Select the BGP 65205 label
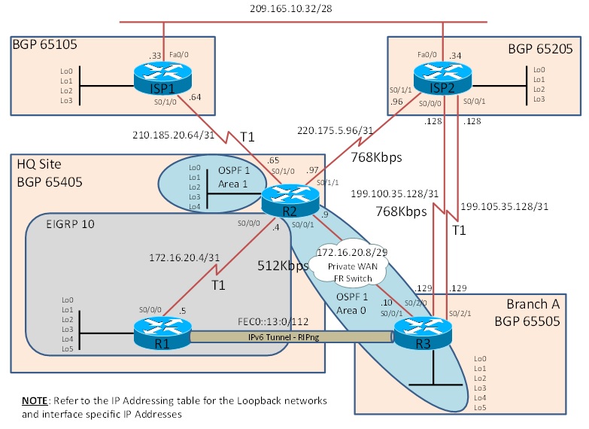(540, 49)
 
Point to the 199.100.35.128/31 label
(396, 193)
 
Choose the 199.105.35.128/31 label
(504, 205)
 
